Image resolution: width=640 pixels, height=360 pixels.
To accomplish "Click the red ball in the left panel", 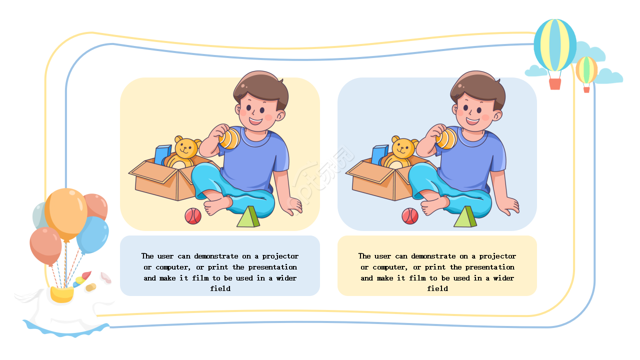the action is pos(193,216).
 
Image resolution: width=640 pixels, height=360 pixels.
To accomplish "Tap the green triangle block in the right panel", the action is pos(465,217).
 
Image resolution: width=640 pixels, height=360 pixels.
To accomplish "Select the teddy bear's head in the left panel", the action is pos(187,147).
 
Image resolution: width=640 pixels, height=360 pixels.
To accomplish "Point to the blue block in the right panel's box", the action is pos(379,154).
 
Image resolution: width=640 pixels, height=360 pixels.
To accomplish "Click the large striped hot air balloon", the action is pos(555,45).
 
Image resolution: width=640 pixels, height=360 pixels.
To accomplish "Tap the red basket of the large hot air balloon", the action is pos(555,84).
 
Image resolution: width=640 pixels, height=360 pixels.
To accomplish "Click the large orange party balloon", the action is pos(66,213).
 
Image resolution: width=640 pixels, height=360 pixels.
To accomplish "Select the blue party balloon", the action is pos(93,235).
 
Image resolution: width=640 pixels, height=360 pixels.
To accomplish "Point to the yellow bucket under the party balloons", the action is pos(62,294).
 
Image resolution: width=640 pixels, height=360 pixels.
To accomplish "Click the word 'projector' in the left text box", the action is pos(280,256).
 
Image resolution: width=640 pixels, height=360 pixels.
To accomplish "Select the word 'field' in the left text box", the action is pos(220,288).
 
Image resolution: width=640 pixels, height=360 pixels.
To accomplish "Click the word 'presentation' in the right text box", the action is pos(489,267).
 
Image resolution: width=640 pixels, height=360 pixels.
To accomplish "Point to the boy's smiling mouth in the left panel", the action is pos(255,121).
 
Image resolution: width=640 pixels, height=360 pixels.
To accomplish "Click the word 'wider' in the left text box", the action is pos(286,278).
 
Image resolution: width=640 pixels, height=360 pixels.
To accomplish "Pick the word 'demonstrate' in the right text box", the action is pos(433,256).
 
